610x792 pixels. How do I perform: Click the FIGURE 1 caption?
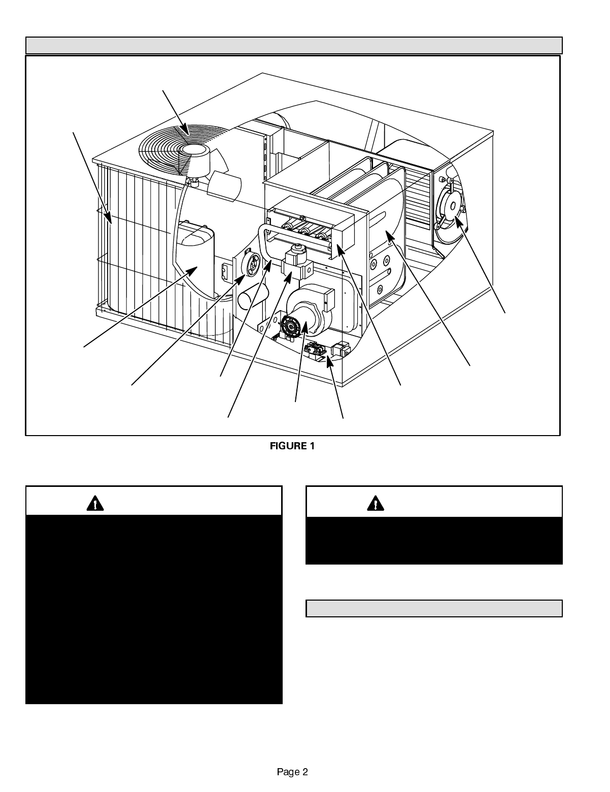point(292,446)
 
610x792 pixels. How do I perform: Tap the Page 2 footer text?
point(292,772)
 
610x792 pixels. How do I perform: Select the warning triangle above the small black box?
point(376,503)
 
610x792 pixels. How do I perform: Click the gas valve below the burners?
point(296,264)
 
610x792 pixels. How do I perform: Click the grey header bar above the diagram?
point(294,45)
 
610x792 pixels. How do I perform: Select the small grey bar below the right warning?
point(434,608)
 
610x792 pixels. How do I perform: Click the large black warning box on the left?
point(154,609)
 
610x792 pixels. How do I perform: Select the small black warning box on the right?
point(434,541)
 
